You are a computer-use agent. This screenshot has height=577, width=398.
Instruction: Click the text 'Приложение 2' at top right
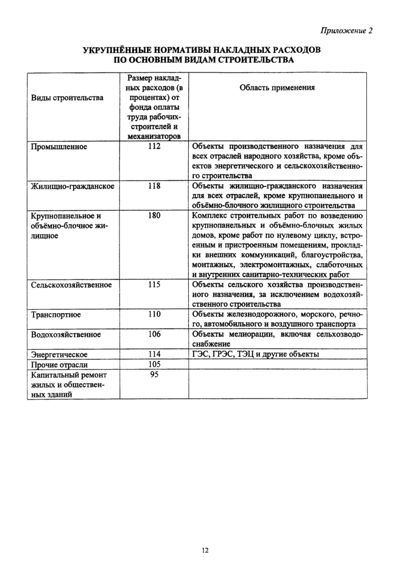[346, 31]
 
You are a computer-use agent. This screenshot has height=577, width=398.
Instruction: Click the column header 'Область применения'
[277, 88]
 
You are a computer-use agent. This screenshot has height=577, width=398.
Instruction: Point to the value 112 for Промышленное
[154, 147]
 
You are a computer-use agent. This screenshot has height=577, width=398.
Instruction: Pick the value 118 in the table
[154, 186]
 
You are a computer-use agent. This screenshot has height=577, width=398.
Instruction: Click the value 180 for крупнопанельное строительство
[154, 215]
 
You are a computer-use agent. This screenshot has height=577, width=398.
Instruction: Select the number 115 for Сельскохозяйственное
[154, 285]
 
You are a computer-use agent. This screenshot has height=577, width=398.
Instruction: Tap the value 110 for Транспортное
[154, 314]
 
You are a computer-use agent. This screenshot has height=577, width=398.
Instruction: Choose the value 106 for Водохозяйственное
[154, 334]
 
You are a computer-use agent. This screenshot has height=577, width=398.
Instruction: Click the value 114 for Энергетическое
[154, 354]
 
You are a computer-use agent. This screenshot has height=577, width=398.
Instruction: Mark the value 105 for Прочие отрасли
[154, 364]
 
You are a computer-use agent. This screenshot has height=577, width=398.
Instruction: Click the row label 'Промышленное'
[58, 147]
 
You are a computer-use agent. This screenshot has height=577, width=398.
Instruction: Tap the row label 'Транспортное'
[56, 314]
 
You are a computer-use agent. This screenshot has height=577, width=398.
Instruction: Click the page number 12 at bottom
[205, 550]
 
